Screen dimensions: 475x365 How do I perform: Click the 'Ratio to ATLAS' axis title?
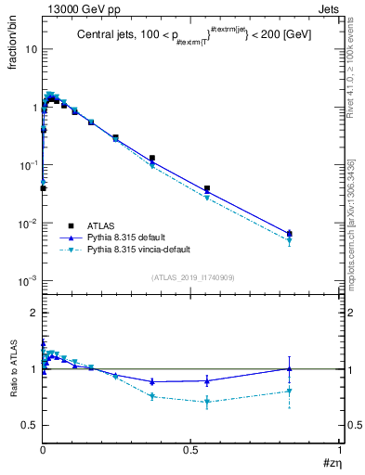click(13, 370)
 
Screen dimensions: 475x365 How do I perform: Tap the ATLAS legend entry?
click(101, 225)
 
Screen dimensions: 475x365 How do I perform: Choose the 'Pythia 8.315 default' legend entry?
click(130, 237)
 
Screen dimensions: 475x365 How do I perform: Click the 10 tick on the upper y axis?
click(30, 48)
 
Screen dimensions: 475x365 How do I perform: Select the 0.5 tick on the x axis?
click(190, 449)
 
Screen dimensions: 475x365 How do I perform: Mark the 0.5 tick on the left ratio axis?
click(31, 425)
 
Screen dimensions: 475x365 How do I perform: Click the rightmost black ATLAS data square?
click(290, 234)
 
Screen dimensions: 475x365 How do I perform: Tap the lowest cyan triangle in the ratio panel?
click(207, 402)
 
